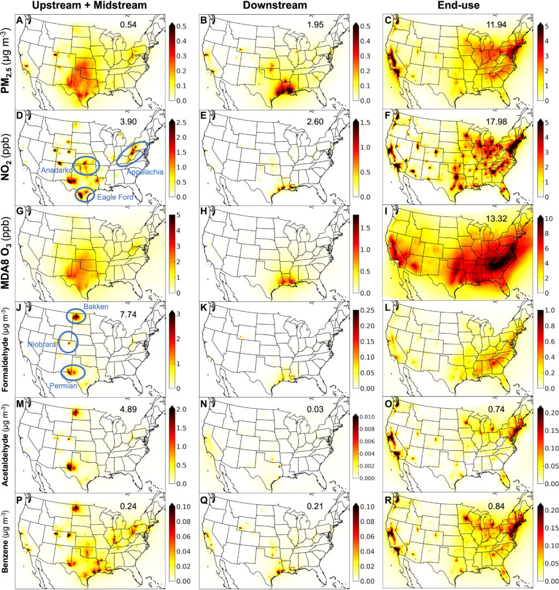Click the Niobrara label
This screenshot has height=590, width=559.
pos(43,345)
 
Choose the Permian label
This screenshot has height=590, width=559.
pos(62,386)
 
